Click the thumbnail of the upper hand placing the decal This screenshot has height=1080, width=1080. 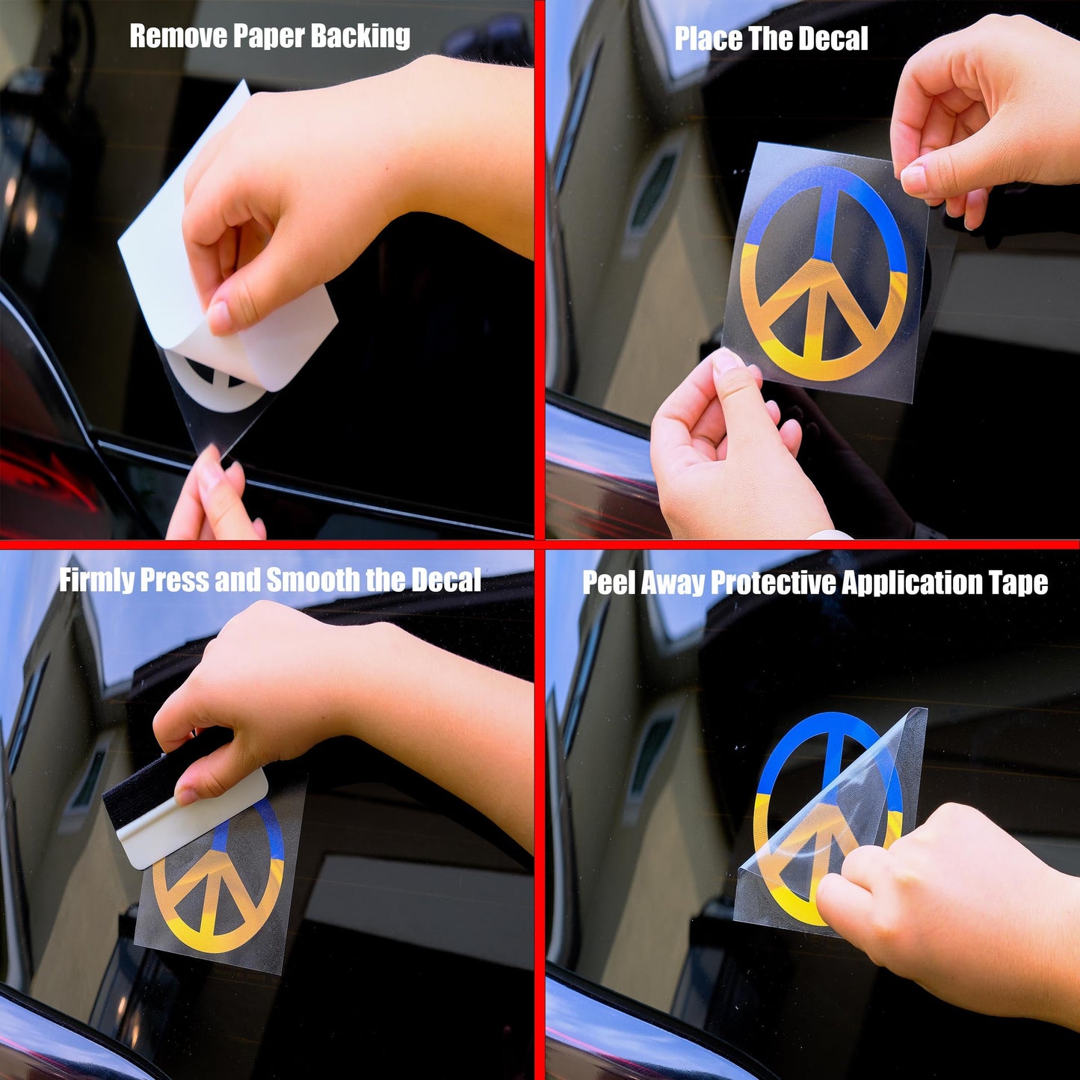pyautogui.click(x=914, y=178)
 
